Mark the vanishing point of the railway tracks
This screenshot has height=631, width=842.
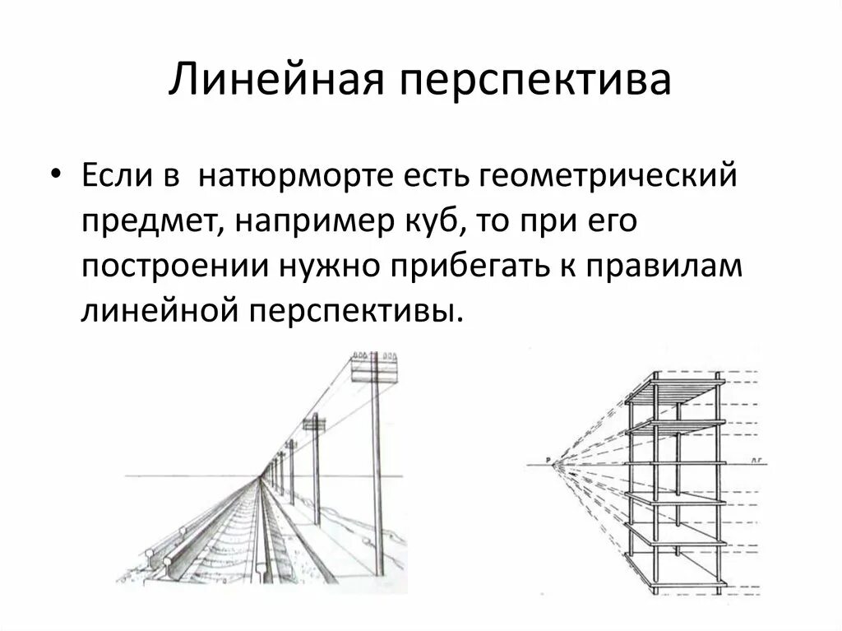pos(263,476)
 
